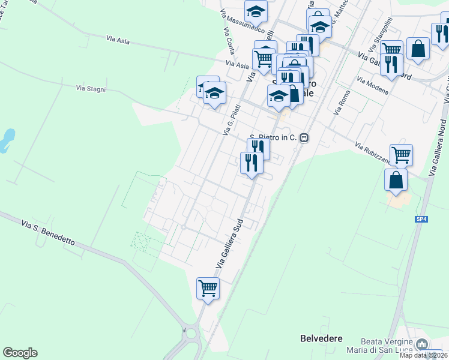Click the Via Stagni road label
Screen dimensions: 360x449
coord(91,88)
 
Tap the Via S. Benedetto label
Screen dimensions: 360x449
coord(48,233)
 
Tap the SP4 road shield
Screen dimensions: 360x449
coord(421,220)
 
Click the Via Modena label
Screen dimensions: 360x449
coord(373,85)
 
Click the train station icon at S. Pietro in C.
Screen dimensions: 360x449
coord(304,137)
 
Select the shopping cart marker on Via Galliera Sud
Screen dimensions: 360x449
coord(208,287)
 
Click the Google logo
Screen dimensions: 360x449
coord(20,352)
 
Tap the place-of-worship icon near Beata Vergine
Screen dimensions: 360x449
coord(422,344)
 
